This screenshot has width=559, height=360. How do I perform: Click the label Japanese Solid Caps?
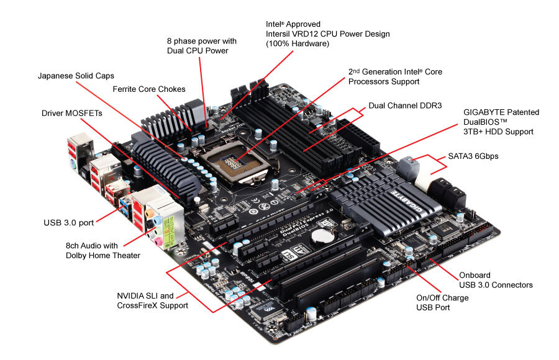click(76, 76)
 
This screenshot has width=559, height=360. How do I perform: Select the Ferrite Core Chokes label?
click(149, 89)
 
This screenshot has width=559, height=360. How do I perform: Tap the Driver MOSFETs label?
click(71, 114)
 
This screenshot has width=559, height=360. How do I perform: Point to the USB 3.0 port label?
click(69, 223)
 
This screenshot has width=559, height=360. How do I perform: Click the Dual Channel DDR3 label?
click(405, 106)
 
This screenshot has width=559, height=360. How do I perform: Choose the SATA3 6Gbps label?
click(473, 156)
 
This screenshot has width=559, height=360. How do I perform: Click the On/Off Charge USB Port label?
click(442, 303)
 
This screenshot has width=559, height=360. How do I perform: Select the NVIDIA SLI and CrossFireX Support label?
click(153, 300)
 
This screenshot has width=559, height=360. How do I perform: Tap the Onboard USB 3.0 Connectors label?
click(496, 280)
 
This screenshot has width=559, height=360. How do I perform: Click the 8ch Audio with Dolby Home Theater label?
click(103, 251)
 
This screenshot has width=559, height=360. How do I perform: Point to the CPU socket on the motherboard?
click(234, 163)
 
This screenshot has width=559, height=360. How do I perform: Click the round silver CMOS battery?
click(322, 236)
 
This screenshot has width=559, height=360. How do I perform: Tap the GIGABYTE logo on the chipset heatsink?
click(406, 202)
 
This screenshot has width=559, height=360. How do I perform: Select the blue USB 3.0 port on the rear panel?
click(125, 207)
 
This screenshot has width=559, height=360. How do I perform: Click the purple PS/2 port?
click(73, 165)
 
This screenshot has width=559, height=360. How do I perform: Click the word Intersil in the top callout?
click(279, 34)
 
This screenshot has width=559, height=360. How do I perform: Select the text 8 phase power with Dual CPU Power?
click(202, 46)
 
